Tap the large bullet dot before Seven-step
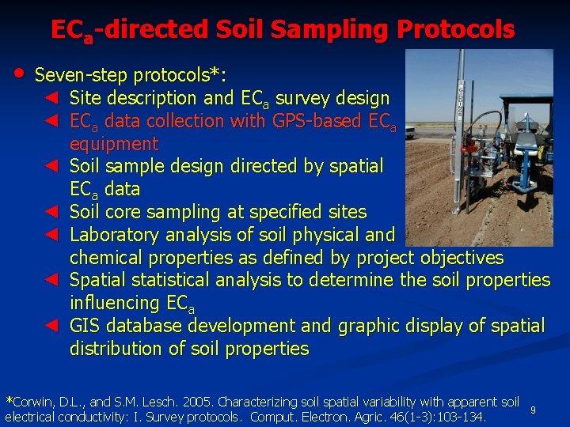[19, 74]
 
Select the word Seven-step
[84, 76]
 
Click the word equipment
[114, 144]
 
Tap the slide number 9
[533, 410]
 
